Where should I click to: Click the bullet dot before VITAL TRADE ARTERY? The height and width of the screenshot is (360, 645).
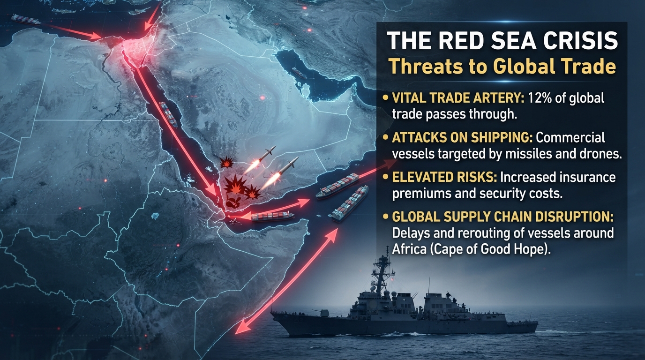coord(385,98)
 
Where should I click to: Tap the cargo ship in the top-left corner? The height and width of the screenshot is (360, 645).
coord(26,20)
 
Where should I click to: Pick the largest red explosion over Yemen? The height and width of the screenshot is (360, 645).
coord(235,184)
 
